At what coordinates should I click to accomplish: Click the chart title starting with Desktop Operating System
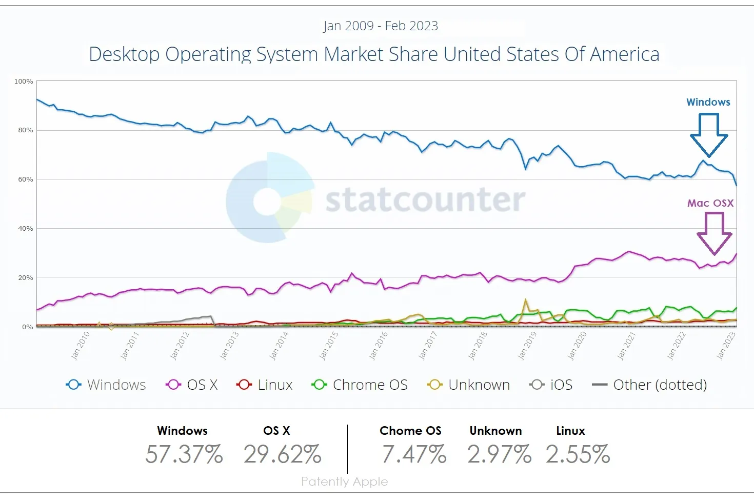[x=374, y=54]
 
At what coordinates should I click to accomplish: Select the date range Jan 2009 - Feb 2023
[x=380, y=26]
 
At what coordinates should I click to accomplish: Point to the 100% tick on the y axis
[x=24, y=82]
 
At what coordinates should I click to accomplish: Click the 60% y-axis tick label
[x=25, y=179]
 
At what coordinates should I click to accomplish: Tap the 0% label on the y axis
[x=27, y=327]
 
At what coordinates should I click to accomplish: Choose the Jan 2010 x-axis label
[x=80, y=346]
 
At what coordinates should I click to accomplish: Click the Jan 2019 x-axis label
[x=527, y=346]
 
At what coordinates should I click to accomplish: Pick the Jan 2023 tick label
[x=726, y=346]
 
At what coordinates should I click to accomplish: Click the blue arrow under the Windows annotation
[x=709, y=134]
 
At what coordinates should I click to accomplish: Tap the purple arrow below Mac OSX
[x=714, y=233]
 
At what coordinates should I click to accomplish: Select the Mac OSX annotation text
[x=710, y=203]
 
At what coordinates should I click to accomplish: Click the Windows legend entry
[x=107, y=385]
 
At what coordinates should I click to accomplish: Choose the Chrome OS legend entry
[x=360, y=385]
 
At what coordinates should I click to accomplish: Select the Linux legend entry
[x=265, y=385]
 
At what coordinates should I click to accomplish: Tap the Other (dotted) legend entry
[x=649, y=385]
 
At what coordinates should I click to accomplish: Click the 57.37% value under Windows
[x=184, y=454]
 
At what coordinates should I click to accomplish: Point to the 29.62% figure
[x=282, y=454]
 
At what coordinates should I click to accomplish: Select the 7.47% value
[x=414, y=454]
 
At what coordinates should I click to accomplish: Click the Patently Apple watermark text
[x=344, y=482]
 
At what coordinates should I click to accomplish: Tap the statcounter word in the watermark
[x=425, y=200]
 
